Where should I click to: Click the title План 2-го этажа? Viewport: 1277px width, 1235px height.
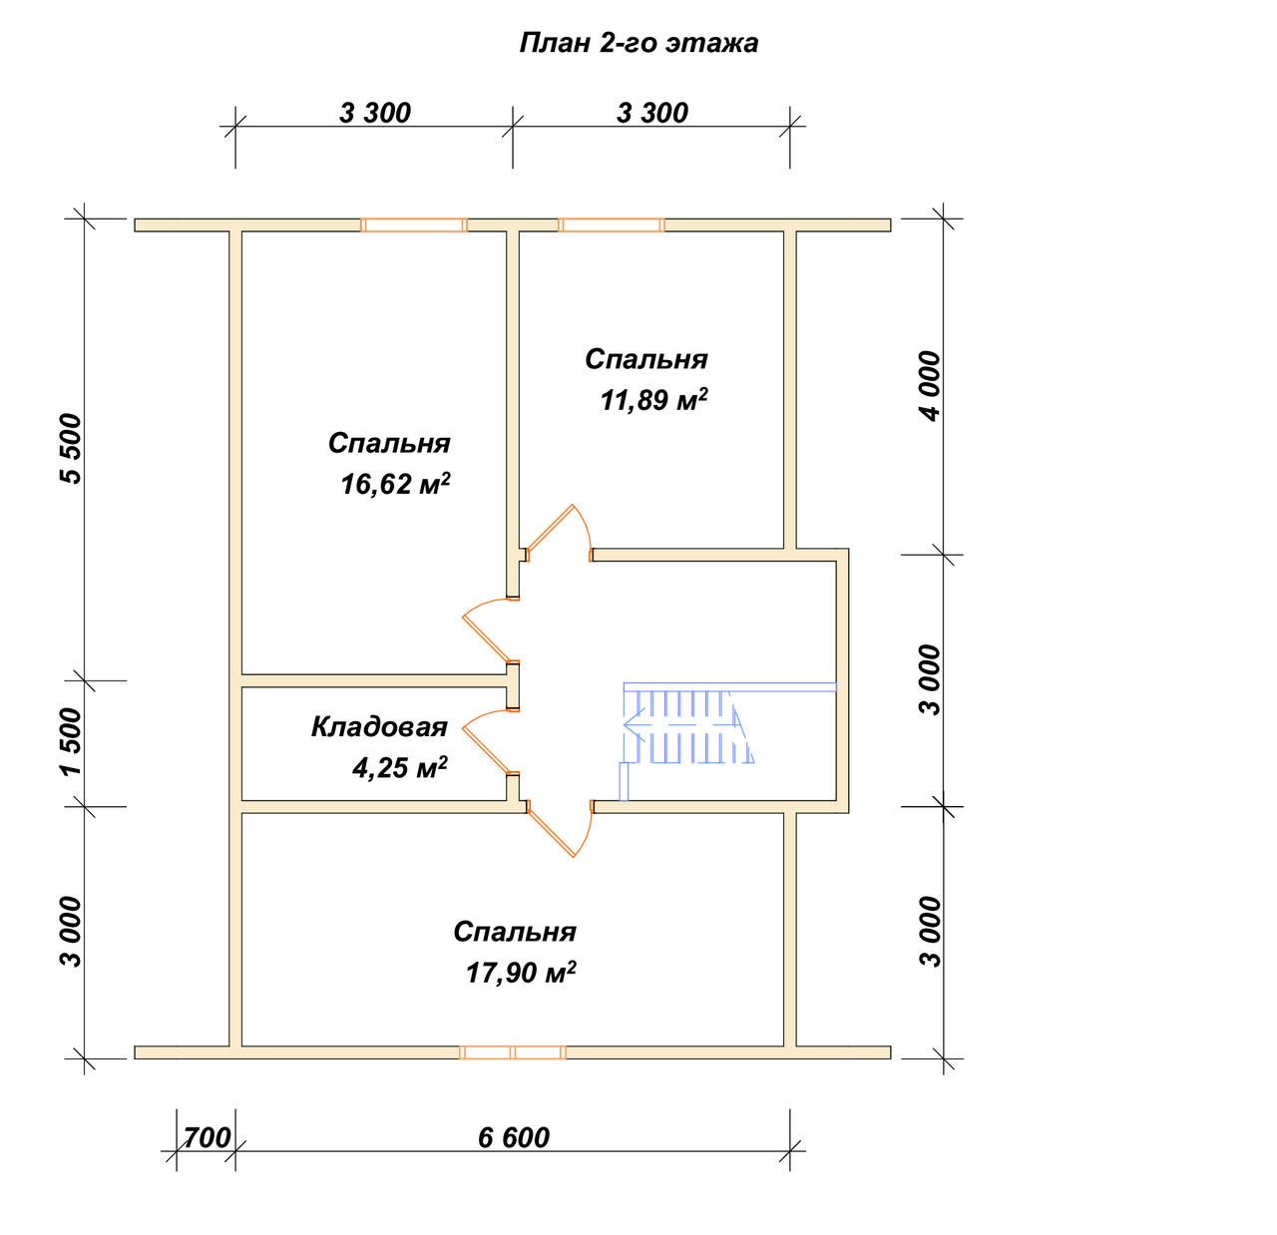click(x=638, y=43)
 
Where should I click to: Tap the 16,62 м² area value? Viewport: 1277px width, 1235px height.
click(x=395, y=484)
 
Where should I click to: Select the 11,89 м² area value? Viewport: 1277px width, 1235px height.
click(x=653, y=399)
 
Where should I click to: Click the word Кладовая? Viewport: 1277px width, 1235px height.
click(x=379, y=727)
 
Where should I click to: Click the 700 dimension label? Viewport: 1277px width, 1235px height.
click(x=207, y=1137)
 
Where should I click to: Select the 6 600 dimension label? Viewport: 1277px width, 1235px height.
click(x=513, y=1137)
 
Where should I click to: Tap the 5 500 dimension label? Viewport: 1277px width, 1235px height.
click(x=71, y=448)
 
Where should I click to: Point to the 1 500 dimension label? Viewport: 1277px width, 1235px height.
click(x=71, y=741)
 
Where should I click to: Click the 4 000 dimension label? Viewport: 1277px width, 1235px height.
click(x=929, y=385)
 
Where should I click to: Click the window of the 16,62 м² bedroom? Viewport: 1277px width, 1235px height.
click(x=414, y=225)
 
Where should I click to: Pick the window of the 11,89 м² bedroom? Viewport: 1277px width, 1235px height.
click(x=611, y=225)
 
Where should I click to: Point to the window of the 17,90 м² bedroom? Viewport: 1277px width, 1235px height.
click(x=513, y=1052)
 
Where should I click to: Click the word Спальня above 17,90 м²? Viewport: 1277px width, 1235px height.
click(x=515, y=932)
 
